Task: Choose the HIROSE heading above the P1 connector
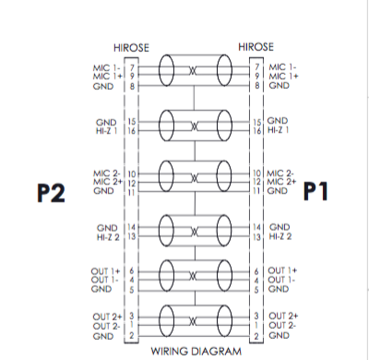pos(256,46)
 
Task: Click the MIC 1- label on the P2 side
pos(107,66)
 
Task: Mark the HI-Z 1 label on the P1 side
pos(280,131)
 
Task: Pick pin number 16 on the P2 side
pos(132,131)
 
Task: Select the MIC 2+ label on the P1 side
pos(282,183)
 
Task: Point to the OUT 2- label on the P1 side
pos(282,326)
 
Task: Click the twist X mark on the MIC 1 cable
pos(193,72)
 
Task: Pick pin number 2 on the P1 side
pos(256,336)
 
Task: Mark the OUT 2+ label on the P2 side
pos(107,317)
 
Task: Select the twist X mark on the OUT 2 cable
pos(193,322)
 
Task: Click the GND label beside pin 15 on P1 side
pos(278,121)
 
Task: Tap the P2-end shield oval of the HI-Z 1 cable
pos(167,126)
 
